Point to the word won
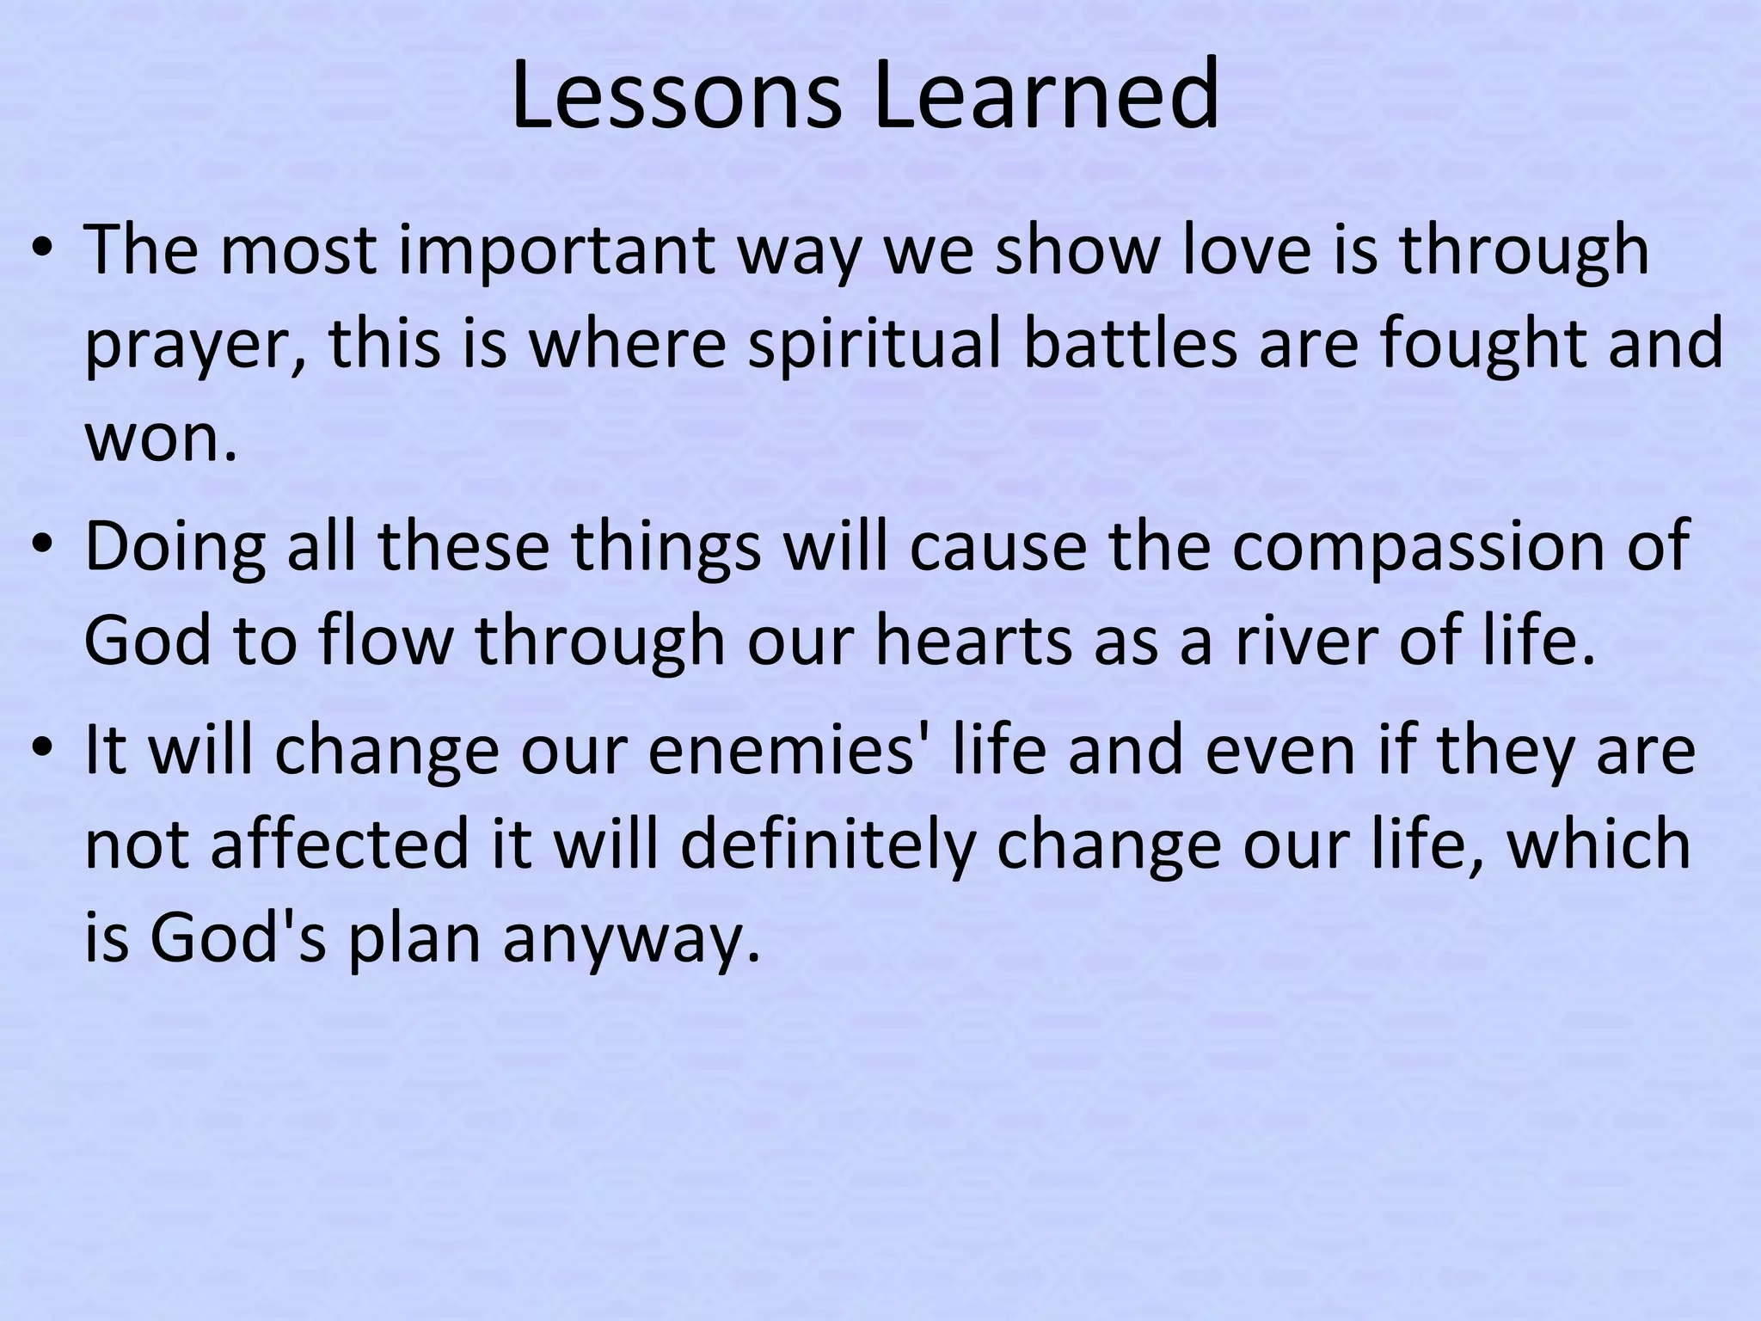160,439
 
